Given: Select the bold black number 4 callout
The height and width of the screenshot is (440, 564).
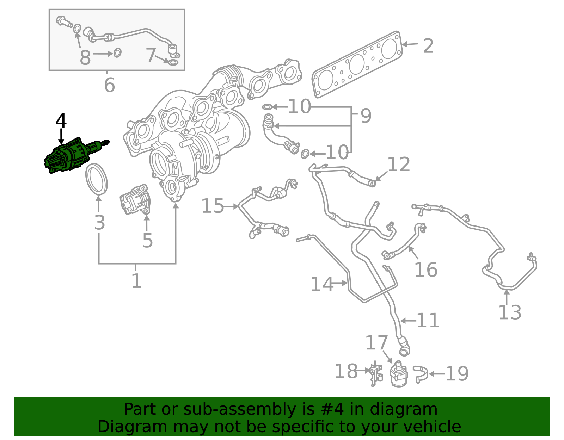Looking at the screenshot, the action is (61, 121).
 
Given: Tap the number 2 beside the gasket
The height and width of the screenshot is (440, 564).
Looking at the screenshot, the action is (428, 46).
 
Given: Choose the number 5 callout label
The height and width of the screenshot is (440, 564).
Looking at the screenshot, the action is (147, 240).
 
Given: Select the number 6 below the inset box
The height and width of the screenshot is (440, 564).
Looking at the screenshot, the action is (109, 85).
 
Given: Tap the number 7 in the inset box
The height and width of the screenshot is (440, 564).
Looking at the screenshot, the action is (151, 55).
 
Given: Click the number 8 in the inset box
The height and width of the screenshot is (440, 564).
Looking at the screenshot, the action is (85, 57).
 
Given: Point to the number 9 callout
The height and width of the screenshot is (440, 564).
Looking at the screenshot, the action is (366, 116).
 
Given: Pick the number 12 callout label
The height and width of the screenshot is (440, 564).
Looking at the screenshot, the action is (399, 164).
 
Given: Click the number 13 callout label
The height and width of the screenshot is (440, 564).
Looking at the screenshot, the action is (510, 312).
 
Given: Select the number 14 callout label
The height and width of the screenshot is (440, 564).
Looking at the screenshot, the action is (322, 284).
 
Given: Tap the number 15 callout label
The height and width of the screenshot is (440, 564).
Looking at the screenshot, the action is (212, 206).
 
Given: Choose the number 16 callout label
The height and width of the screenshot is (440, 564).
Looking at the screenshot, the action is (426, 269).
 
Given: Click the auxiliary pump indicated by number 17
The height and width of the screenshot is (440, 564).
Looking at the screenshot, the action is (399, 373).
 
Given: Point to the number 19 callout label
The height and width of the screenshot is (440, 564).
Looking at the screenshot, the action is (457, 374).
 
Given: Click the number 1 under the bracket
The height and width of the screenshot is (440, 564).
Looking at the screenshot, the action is (136, 281).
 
